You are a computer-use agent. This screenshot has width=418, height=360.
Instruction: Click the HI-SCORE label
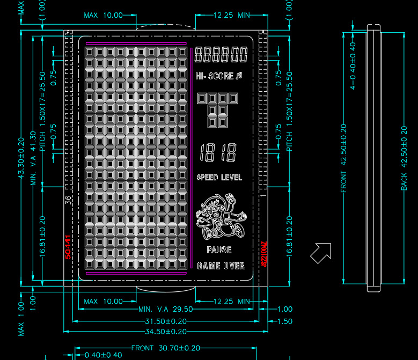click(215, 76)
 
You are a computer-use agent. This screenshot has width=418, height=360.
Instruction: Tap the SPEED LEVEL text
click(219, 178)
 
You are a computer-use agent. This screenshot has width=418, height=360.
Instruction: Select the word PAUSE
click(219, 250)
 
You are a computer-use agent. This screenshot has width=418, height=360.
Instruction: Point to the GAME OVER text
click(221, 266)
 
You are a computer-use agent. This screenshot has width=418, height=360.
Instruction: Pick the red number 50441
click(68, 247)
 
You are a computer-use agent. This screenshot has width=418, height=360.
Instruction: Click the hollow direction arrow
click(320, 253)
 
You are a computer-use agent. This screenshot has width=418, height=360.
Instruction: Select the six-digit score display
click(221, 55)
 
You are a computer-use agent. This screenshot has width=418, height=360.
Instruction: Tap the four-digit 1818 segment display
click(218, 153)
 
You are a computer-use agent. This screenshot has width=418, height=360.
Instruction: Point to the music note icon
click(239, 76)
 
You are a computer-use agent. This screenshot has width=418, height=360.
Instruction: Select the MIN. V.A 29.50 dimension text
click(165, 310)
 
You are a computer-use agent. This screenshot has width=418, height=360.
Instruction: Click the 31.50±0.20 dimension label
click(165, 321)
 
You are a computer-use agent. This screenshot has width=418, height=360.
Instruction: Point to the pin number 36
click(68, 200)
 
